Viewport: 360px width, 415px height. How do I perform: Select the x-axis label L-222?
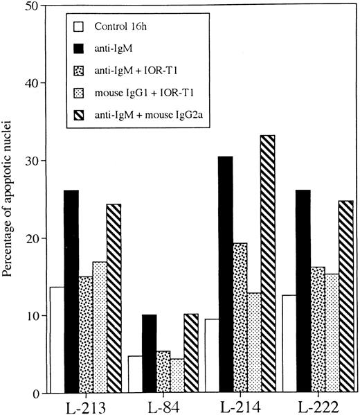(317, 406)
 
